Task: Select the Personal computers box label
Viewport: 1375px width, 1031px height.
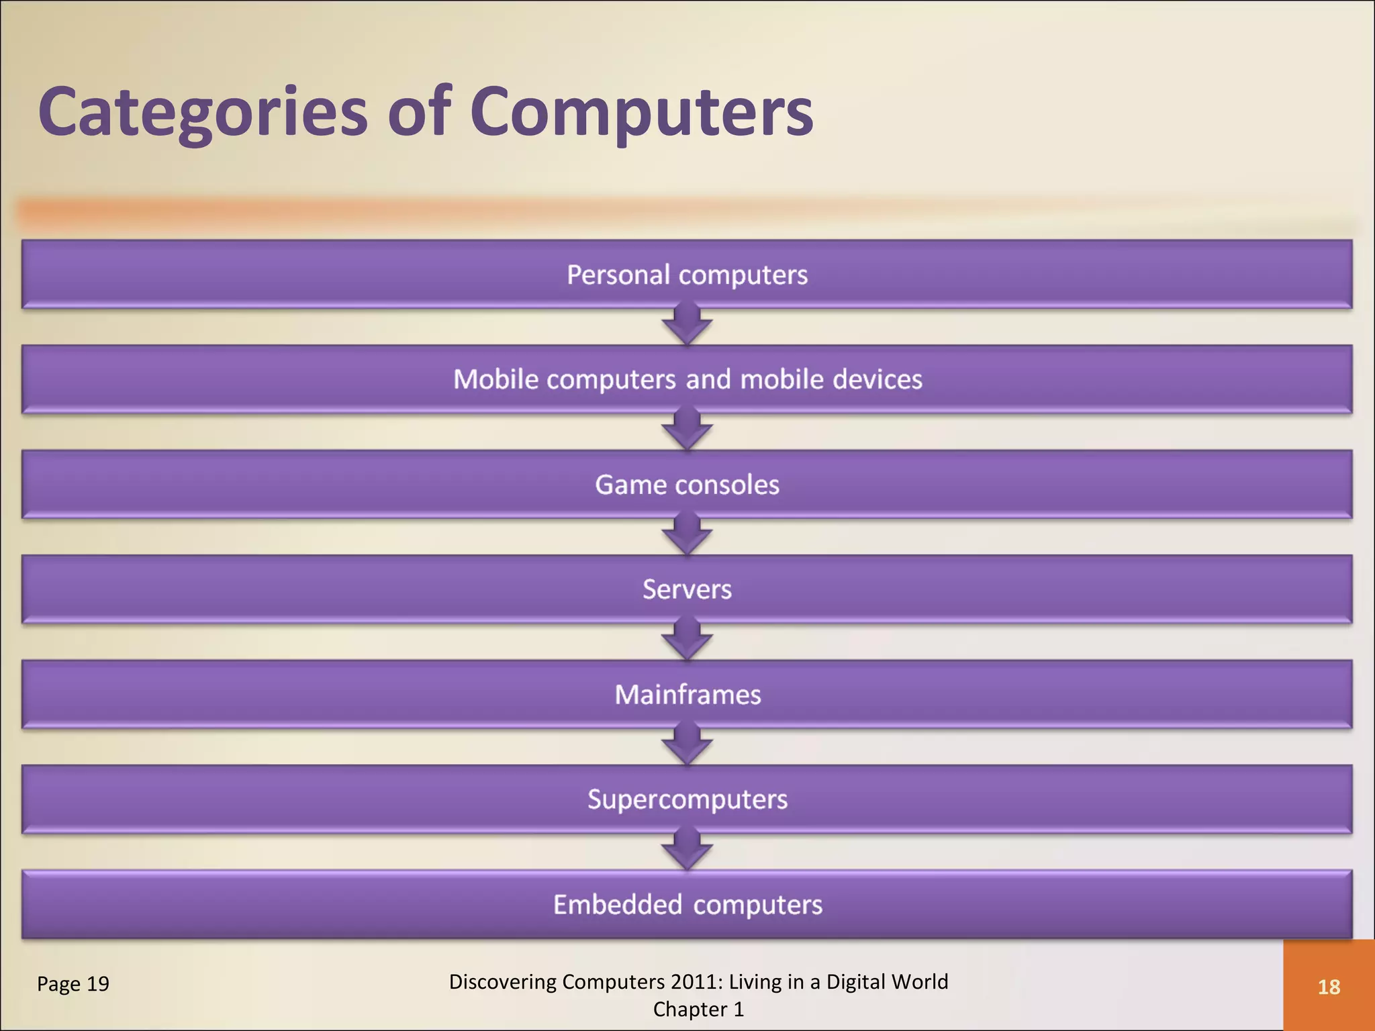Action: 687,275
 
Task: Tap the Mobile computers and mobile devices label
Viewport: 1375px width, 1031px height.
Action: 687,379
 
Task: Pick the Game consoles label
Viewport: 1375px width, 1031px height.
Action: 687,485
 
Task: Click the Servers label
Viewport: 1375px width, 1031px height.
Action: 687,589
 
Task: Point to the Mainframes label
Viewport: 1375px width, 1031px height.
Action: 687,695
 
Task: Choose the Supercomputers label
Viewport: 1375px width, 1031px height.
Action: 687,799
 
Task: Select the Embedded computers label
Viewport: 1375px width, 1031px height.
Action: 687,905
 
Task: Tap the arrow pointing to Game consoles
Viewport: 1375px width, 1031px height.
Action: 687,430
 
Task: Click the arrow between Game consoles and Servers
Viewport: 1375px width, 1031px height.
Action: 687,535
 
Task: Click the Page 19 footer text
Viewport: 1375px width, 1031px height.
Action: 73,984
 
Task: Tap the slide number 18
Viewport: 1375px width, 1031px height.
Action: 1329,987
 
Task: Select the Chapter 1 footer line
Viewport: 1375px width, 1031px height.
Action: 698,1010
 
